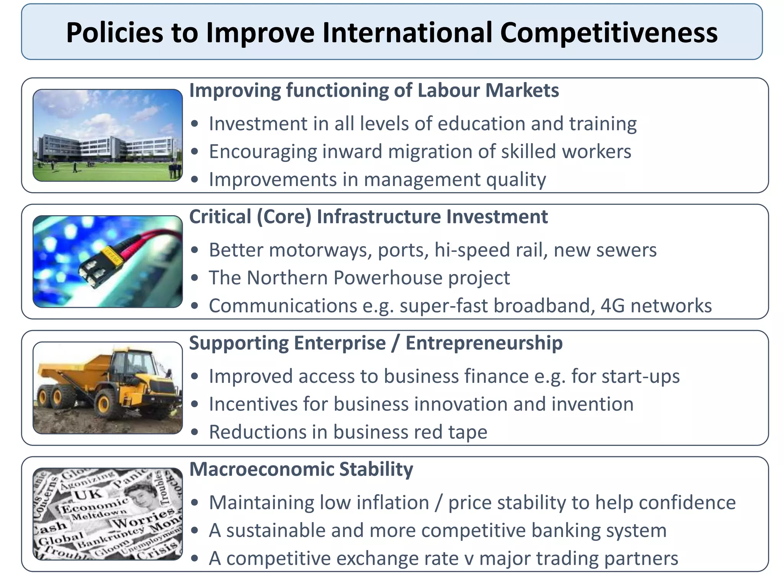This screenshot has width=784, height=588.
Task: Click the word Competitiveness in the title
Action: (x=608, y=33)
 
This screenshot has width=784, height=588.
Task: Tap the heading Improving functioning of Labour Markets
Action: (x=374, y=91)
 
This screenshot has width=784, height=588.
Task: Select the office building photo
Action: (x=108, y=135)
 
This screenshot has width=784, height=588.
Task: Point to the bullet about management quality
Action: (x=377, y=180)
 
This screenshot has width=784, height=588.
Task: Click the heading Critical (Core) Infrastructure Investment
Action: (x=368, y=217)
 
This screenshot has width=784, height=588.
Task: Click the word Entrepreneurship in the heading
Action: (x=484, y=343)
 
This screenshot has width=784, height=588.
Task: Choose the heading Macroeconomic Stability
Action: (x=301, y=469)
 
